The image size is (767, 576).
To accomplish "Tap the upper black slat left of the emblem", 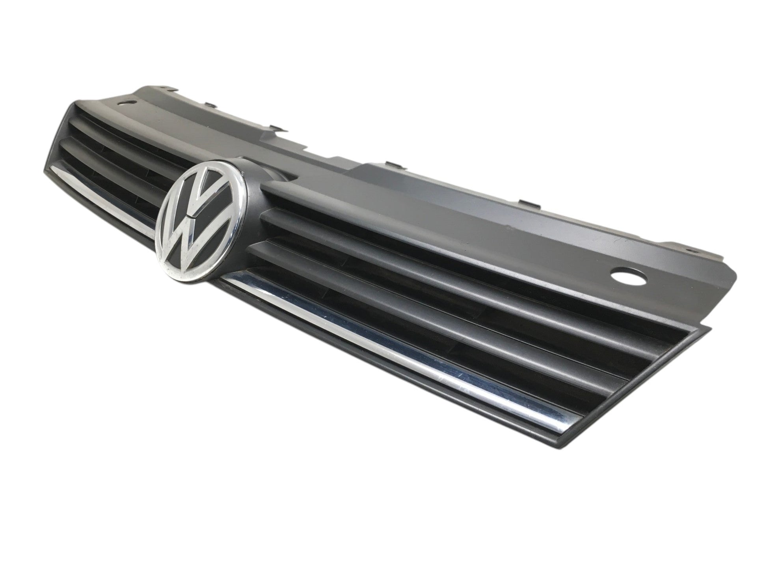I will point(118,134).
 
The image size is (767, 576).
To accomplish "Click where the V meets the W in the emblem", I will point(192,215).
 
